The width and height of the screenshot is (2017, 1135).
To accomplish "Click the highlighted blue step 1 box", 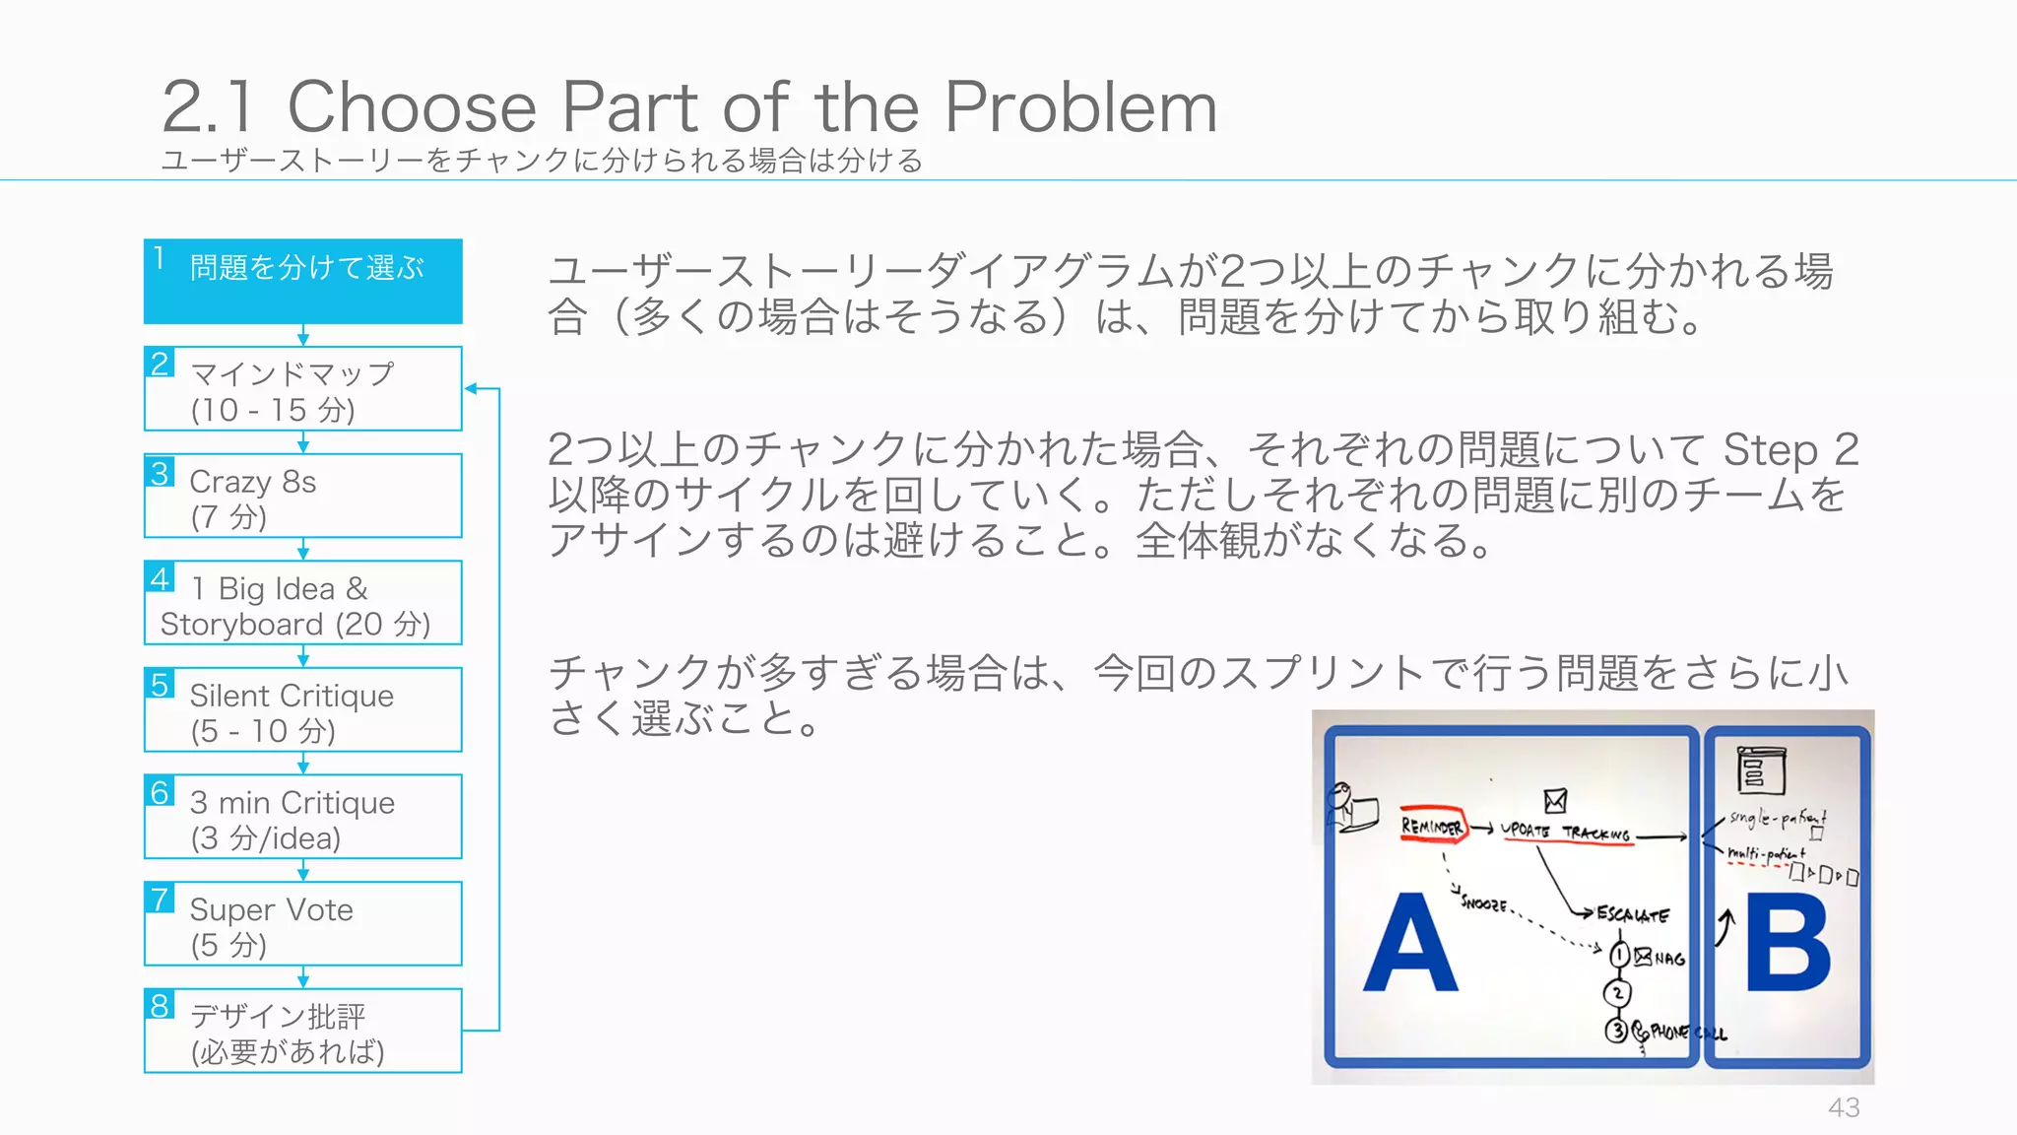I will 303,282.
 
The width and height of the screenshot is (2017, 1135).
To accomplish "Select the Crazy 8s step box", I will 303,497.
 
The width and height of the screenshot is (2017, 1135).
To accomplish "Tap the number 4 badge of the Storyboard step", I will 161,577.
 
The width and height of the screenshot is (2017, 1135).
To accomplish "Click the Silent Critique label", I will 292,696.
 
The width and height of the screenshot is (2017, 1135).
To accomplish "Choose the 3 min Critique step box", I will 303,818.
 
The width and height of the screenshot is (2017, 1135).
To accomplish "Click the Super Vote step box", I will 303,924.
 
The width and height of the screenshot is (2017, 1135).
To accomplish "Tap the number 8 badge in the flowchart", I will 161,1006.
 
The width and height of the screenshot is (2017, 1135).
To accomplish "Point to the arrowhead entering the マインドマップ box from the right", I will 471,389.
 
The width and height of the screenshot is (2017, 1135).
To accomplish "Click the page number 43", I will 1844,1107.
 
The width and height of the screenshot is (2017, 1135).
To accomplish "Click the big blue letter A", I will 1410,946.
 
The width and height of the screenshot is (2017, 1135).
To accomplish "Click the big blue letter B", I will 1787,946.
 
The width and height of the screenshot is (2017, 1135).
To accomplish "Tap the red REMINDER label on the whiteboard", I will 1432,827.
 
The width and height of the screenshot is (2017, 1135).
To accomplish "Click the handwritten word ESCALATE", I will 1632,914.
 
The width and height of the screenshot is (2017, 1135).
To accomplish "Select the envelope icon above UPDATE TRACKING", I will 1555,799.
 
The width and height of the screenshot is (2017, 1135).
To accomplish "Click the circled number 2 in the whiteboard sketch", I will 1617,993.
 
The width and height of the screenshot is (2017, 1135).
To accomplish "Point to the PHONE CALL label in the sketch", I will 1686,1033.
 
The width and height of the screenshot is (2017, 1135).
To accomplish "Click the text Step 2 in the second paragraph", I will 1789,450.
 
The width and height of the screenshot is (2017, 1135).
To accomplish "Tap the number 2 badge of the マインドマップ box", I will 161,364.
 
